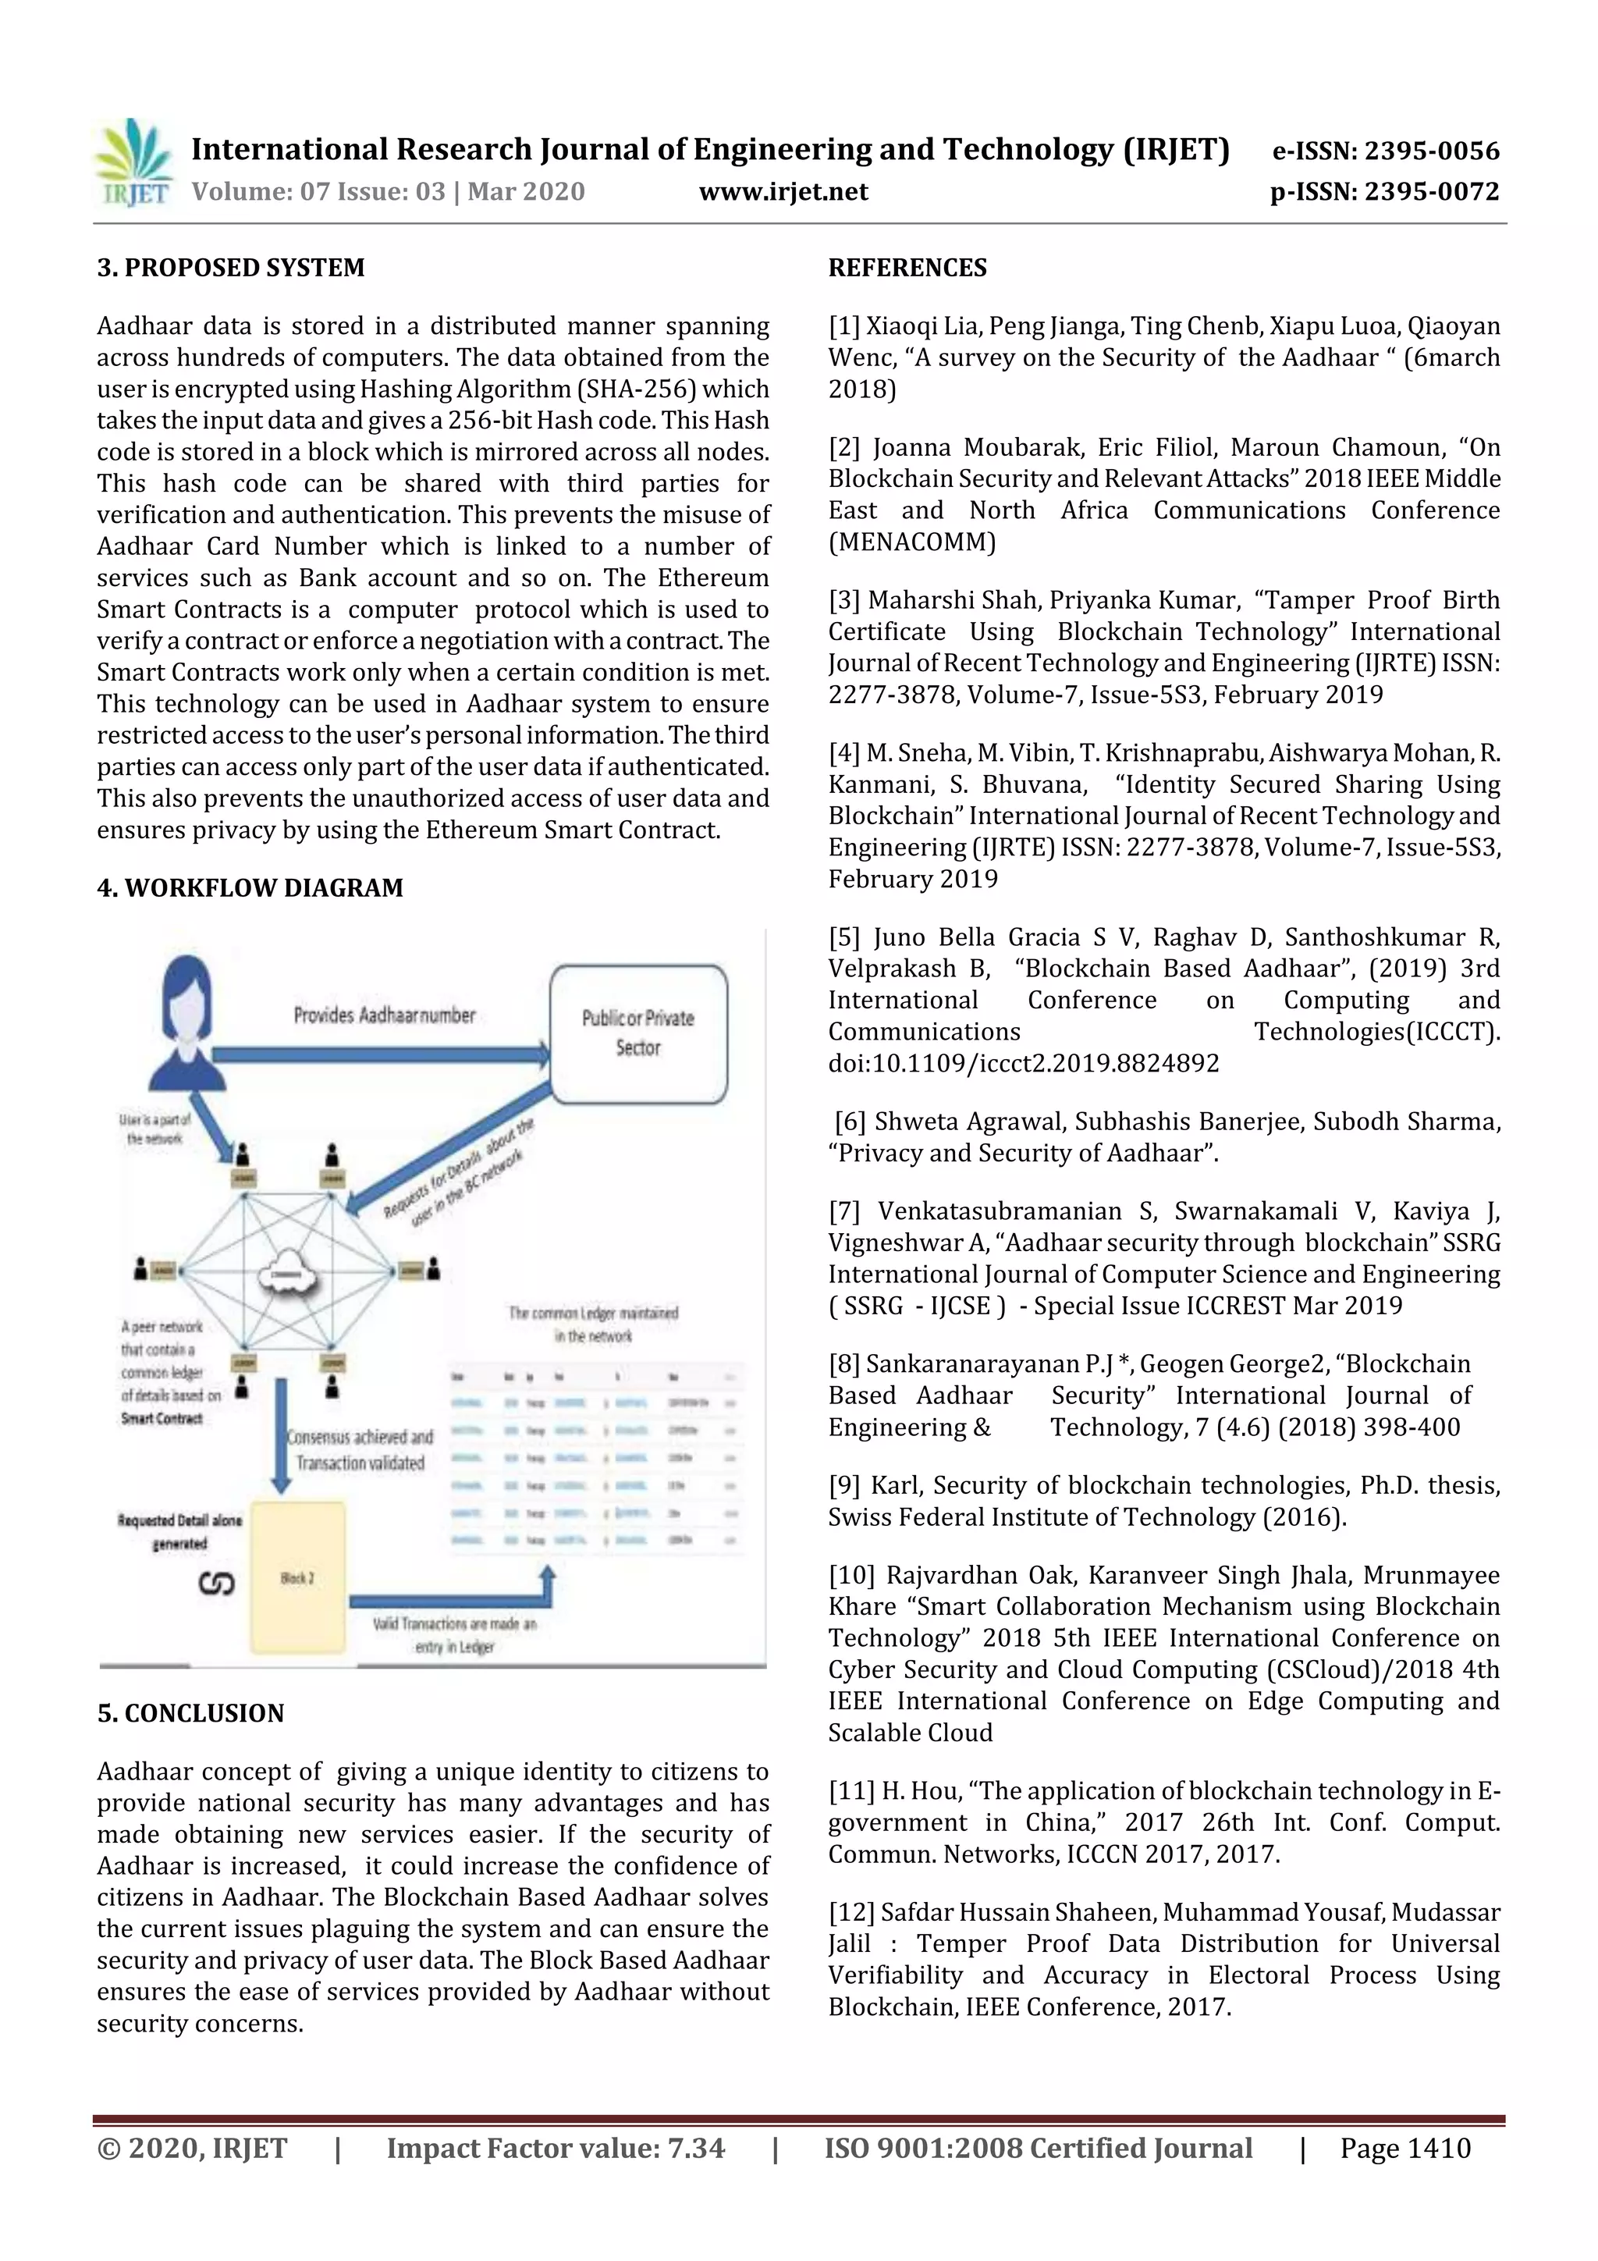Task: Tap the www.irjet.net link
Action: (783, 191)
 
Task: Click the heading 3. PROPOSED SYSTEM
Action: (230, 268)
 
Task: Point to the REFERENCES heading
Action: (907, 268)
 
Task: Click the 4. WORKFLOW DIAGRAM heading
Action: (250, 888)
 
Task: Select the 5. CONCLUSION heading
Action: (190, 1713)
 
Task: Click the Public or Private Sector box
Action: (638, 1033)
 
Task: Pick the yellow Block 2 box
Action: (297, 1577)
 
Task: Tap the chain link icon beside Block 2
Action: (217, 1584)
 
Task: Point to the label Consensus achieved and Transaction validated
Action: (360, 1449)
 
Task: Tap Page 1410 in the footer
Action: (1405, 2149)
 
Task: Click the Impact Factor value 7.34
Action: (696, 2149)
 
